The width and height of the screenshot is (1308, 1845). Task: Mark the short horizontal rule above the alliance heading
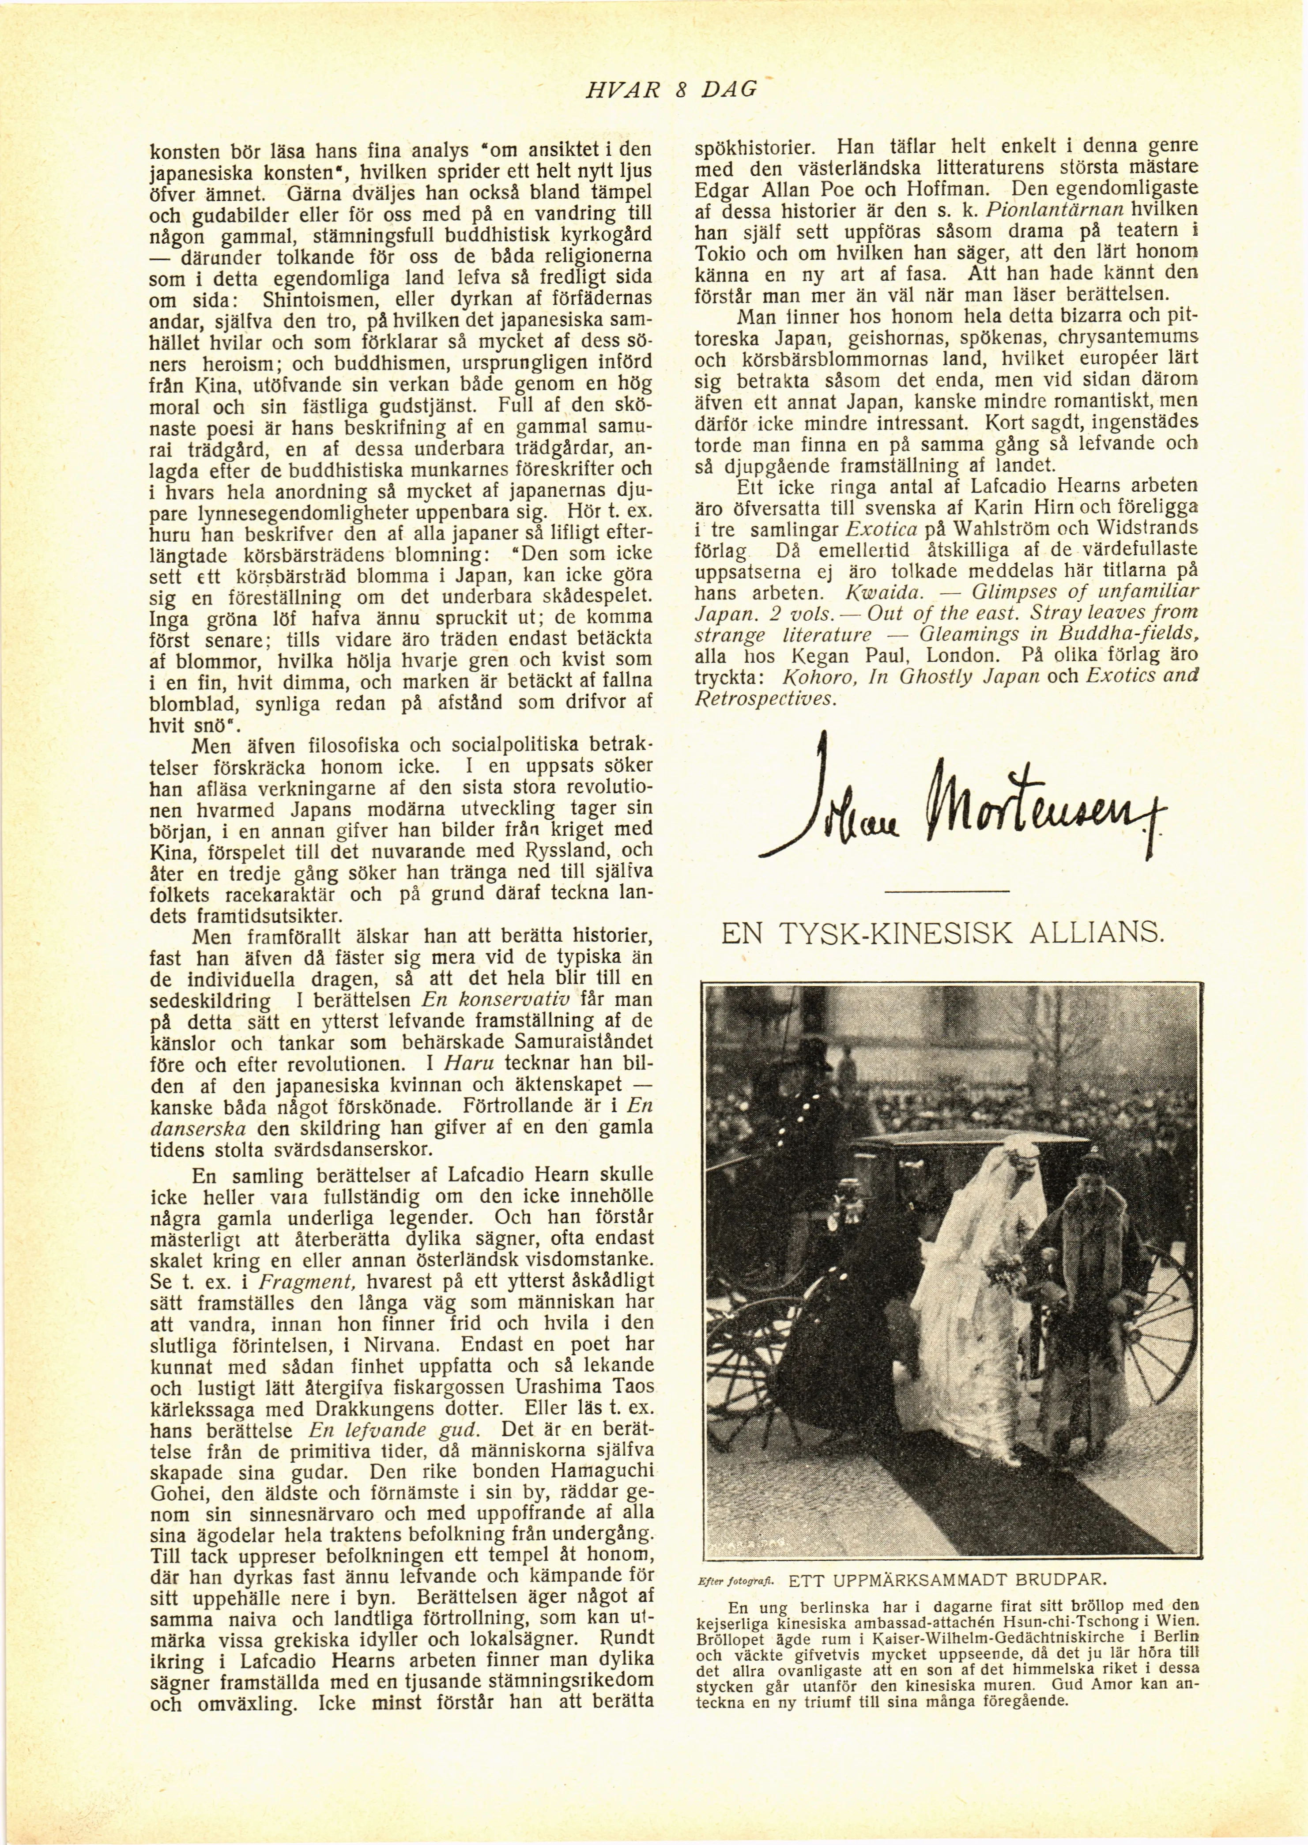(x=946, y=890)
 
